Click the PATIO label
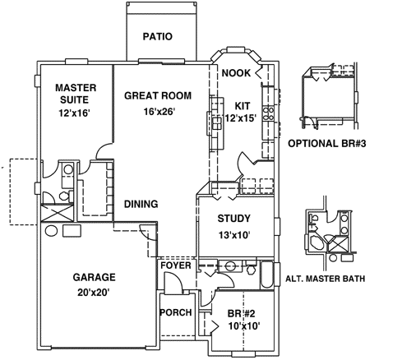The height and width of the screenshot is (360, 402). (157, 36)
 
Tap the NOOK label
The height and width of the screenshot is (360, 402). (237, 73)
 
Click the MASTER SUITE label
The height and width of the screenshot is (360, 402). (76, 94)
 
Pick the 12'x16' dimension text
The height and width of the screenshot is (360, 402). (76, 114)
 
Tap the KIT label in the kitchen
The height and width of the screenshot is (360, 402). (242, 105)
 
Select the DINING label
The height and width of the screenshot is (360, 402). (141, 204)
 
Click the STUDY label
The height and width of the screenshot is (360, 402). (233, 219)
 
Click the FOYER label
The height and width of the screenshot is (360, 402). (175, 265)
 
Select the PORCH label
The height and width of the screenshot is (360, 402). (175, 312)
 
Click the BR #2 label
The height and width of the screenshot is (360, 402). (243, 313)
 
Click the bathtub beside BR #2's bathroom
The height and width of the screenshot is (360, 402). (266, 275)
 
